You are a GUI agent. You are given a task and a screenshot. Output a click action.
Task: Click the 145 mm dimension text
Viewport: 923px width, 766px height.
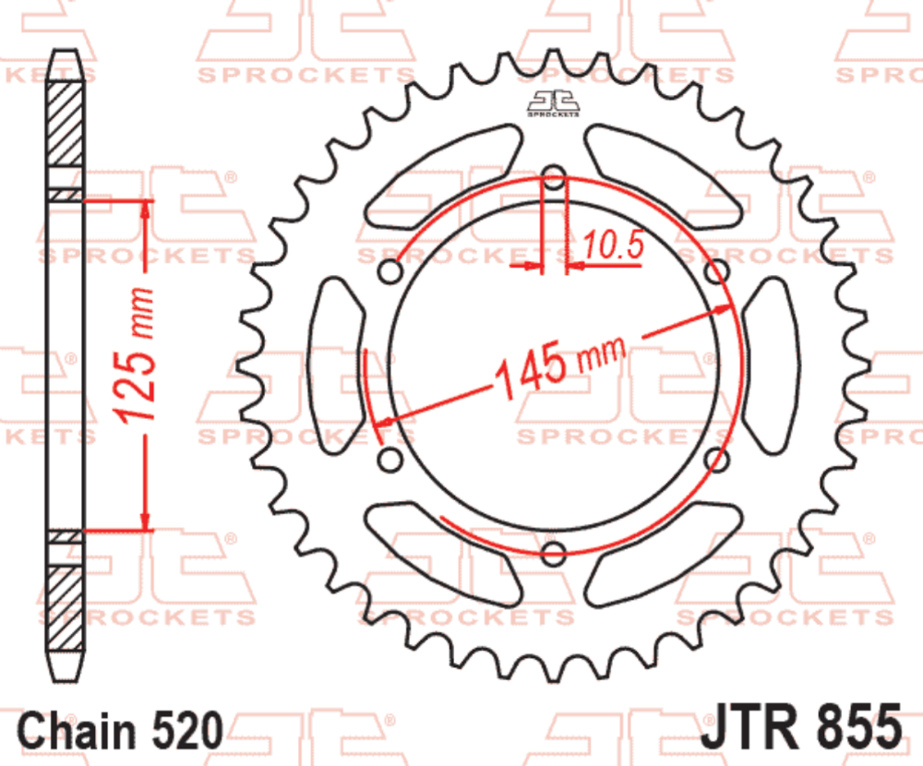coord(558,365)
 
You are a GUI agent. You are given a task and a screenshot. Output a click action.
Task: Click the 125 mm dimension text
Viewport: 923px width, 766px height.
coord(138,355)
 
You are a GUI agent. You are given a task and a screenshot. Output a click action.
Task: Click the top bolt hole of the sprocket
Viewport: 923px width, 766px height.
coord(554,178)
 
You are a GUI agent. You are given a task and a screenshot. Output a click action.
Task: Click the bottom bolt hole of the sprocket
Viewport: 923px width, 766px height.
coord(554,553)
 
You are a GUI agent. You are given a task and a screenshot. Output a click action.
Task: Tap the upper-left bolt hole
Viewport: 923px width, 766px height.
coord(391,272)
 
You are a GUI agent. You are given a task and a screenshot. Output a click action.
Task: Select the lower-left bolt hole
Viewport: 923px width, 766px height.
coord(391,459)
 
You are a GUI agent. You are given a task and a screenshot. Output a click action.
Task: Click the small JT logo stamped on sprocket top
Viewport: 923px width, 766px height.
coord(554,105)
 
